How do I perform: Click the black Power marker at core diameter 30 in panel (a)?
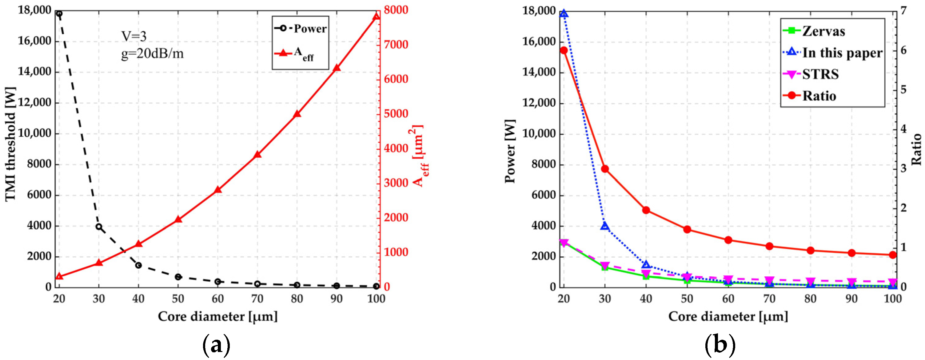[x=99, y=227]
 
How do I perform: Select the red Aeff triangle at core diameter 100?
[x=376, y=17]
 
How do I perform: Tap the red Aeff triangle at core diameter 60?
[x=217, y=190]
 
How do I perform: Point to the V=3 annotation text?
[x=134, y=36]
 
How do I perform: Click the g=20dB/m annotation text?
[x=152, y=53]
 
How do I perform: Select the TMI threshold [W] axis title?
[x=11, y=144]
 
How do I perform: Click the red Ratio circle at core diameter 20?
[x=564, y=50]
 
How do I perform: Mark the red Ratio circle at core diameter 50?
[x=687, y=229]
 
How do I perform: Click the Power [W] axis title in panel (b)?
[x=510, y=151]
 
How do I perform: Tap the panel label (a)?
[x=217, y=345]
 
